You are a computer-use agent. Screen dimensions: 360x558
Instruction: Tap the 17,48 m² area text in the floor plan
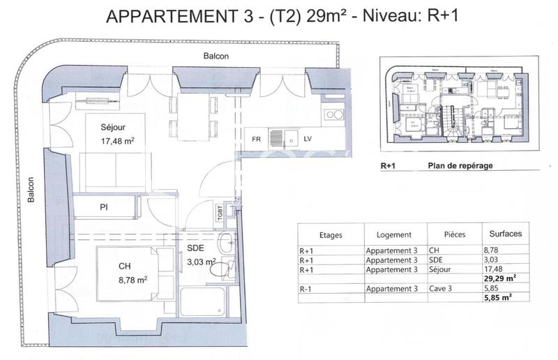[117, 140]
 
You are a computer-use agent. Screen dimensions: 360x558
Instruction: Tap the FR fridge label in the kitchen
[257, 139]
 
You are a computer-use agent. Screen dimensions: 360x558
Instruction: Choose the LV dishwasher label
[308, 139]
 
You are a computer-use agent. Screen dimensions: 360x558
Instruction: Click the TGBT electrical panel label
[220, 211]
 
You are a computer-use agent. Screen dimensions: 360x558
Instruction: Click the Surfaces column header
[505, 234]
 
